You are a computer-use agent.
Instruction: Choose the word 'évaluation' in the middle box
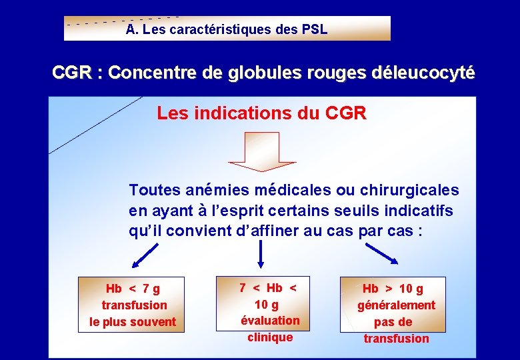[270, 321]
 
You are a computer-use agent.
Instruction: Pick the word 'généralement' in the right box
[396, 305]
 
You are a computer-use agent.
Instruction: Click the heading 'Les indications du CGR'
[261, 113]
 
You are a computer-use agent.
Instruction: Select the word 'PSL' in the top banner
[314, 29]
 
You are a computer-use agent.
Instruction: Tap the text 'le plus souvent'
[133, 322]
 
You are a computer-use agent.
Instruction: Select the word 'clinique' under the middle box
[270, 337]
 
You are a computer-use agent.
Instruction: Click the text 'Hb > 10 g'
[393, 289]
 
